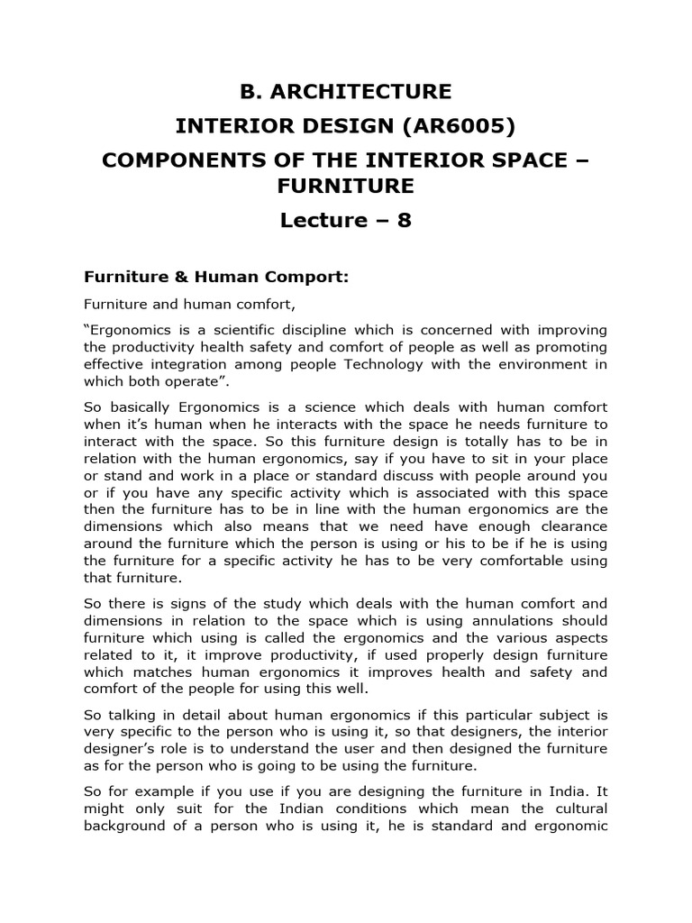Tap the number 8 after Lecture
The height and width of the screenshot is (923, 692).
click(405, 221)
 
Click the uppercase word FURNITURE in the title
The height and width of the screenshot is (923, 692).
click(346, 186)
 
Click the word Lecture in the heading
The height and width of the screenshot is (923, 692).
click(323, 221)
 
